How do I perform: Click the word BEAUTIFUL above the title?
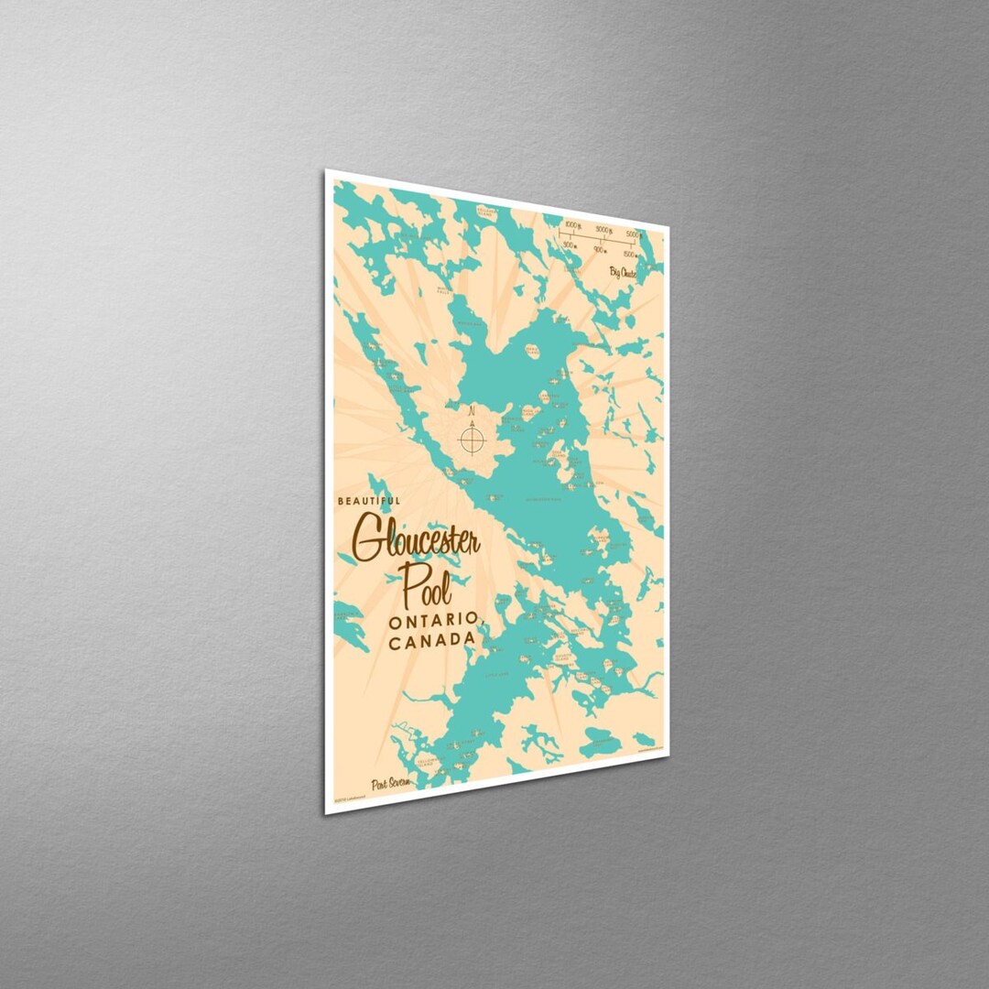[x=369, y=501]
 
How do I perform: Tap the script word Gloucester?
[x=417, y=540]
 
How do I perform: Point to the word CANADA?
[x=431, y=641]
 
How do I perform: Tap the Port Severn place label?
[x=391, y=785]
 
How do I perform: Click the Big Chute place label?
[x=623, y=273]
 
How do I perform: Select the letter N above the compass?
[x=472, y=412]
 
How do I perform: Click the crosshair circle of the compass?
[x=472, y=440]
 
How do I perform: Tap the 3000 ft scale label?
[x=604, y=230]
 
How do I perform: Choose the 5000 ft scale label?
[x=634, y=234]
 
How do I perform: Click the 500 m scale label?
[x=570, y=245]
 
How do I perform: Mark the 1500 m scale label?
[x=630, y=255]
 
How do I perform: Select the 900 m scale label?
[x=600, y=249]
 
